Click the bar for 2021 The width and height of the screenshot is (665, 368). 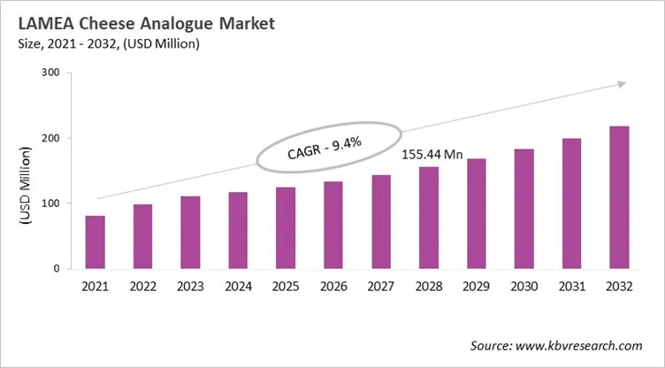96,241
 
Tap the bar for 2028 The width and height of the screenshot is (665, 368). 429,218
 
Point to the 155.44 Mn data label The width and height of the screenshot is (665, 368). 432,155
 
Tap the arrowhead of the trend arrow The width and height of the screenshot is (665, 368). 622,84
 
